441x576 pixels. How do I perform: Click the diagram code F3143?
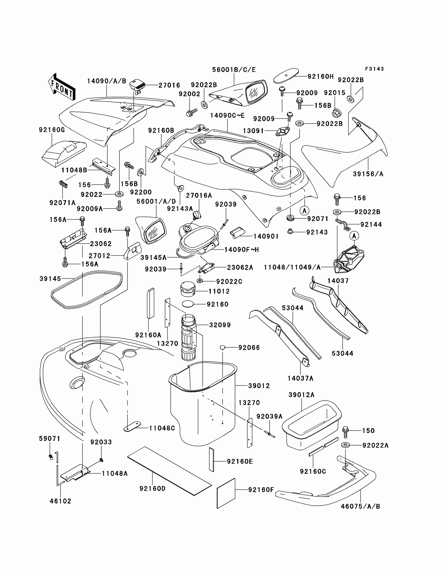click(x=374, y=69)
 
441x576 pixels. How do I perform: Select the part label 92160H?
click(x=321, y=76)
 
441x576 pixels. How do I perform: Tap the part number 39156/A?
click(x=368, y=174)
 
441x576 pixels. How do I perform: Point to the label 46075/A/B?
click(x=360, y=506)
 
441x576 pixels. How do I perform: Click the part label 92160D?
click(x=152, y=489)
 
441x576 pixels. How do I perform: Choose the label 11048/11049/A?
click(x=292, y=267)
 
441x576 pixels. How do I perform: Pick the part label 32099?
click(x=220, y=325)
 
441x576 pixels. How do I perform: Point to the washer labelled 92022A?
click(x=346, y=445)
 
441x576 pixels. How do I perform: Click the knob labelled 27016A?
click(x=197, y=215)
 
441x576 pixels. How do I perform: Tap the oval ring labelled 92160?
click(x=188, y=304)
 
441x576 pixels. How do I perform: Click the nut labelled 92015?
click(x=335, y=113)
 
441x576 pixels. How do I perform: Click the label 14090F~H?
click(x=241, y=250)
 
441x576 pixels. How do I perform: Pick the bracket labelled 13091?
click(x=282, y=132)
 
